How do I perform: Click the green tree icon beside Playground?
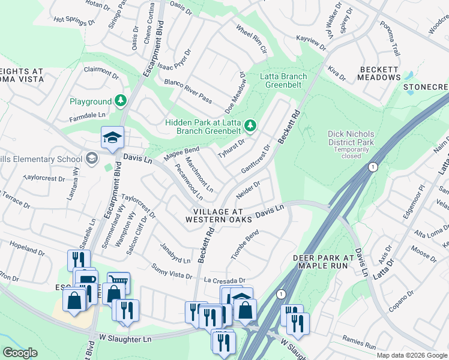121,101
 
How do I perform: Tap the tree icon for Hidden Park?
251,125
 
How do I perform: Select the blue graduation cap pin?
112,138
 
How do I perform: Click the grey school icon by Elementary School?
91,158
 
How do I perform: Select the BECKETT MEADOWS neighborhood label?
379,73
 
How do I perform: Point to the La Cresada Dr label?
224,280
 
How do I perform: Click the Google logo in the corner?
20,353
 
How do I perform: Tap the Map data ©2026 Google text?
412,355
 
